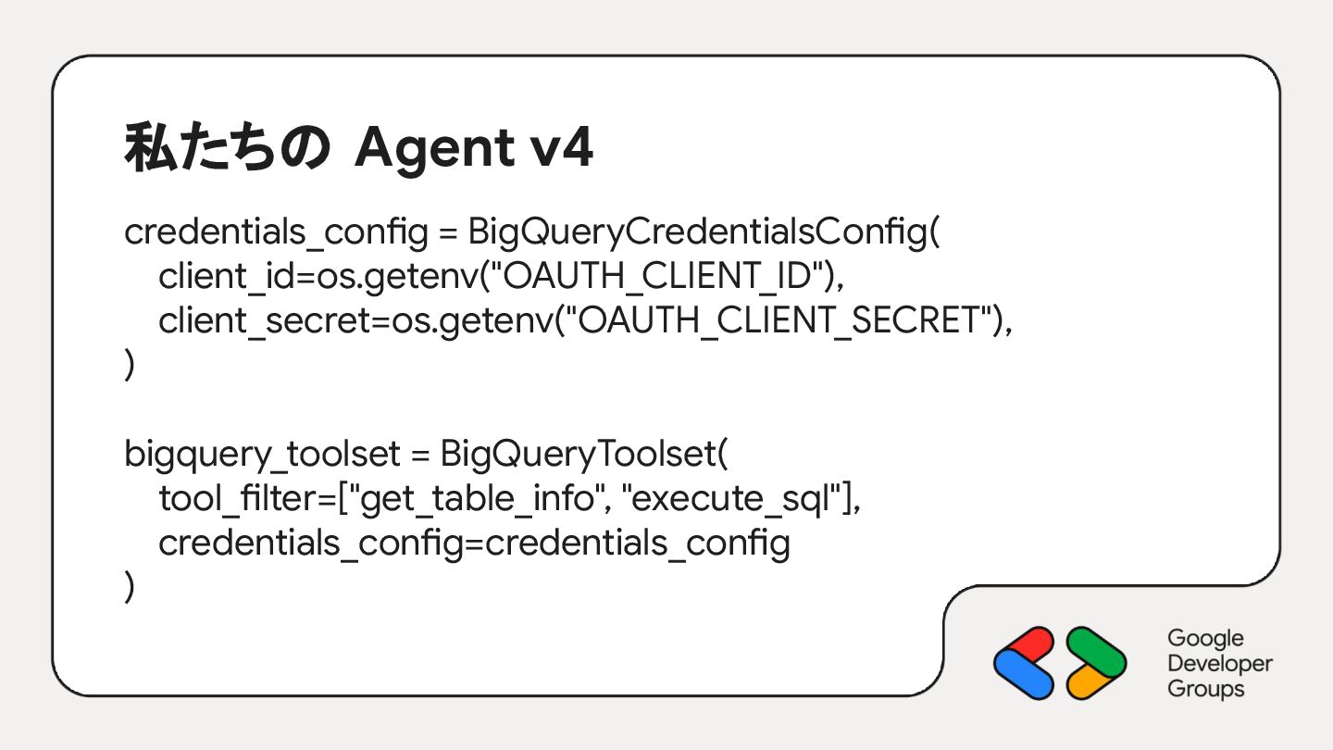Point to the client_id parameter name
(220, 277)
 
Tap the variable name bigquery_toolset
(262, 455)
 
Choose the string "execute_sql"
(736, 499)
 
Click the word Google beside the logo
(1205, 639)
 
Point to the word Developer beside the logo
(1220, 664)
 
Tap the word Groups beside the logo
(1206, 689)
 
